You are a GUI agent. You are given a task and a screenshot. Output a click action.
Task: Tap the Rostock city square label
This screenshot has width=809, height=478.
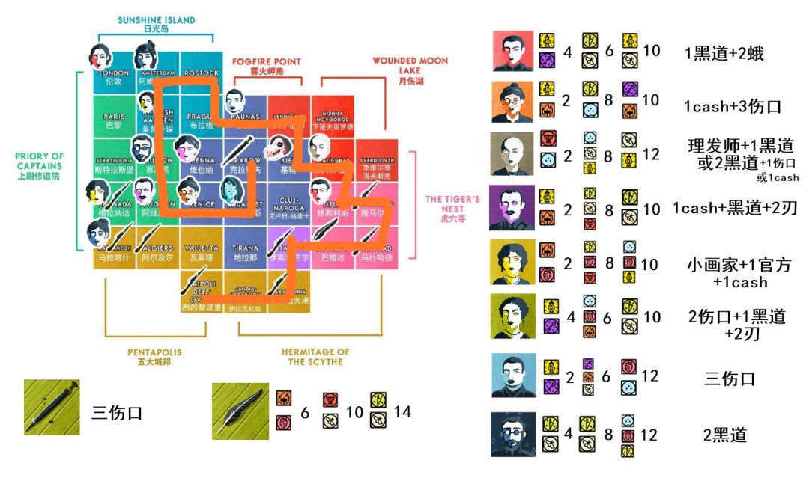201,73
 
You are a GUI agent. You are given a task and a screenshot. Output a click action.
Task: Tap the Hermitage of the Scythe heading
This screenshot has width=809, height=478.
315,356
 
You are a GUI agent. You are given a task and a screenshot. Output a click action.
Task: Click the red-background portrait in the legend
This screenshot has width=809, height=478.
512,51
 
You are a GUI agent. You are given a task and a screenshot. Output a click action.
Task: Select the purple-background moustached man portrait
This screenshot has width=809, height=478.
512,207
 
